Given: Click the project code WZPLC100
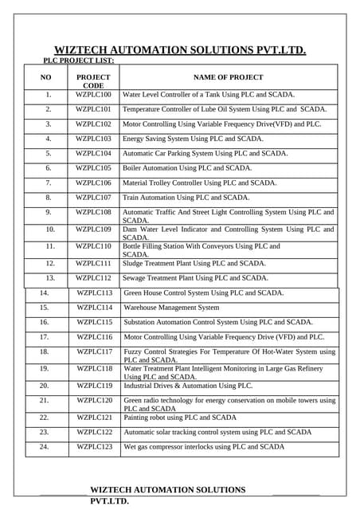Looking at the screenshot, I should [93, 95].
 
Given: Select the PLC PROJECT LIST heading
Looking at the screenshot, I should [78, 61].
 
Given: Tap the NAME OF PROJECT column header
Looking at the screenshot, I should [228, 77].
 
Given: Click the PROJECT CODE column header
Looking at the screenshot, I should [93, 81].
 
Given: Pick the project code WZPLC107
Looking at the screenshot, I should [93, 197].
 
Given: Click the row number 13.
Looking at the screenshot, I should [49, 278].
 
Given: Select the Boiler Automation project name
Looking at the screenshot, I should [187, 168].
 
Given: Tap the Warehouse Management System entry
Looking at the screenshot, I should [171, 308].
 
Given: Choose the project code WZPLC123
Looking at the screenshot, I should [95, 447].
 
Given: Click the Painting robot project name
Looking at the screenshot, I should [180, 418].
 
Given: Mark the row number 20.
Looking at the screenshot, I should [44, 386].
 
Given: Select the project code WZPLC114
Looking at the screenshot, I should [95, 308].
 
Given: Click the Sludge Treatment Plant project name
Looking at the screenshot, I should [194, 263].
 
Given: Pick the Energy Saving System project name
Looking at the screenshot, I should [193, 139].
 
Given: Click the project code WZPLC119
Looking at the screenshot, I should [95, 386].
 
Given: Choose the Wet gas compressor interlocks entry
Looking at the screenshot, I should [204, 447].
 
